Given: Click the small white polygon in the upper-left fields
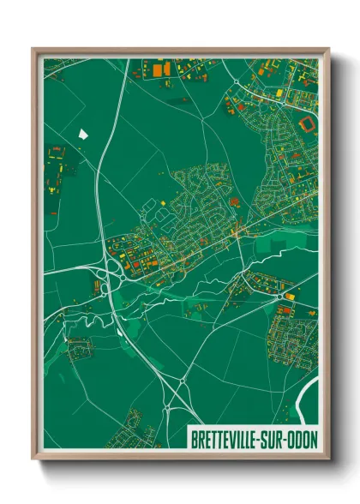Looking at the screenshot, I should click(x=84, y=133).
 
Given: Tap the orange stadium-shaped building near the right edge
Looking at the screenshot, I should click(x=306, y=124).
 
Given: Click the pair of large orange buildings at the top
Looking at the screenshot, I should click(x=160, y=66).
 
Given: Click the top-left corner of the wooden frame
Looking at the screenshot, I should click(x=34, y=50).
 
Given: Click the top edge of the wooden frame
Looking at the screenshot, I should click(x=180, y=50).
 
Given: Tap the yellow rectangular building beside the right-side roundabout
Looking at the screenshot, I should click(x=289, y=296).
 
